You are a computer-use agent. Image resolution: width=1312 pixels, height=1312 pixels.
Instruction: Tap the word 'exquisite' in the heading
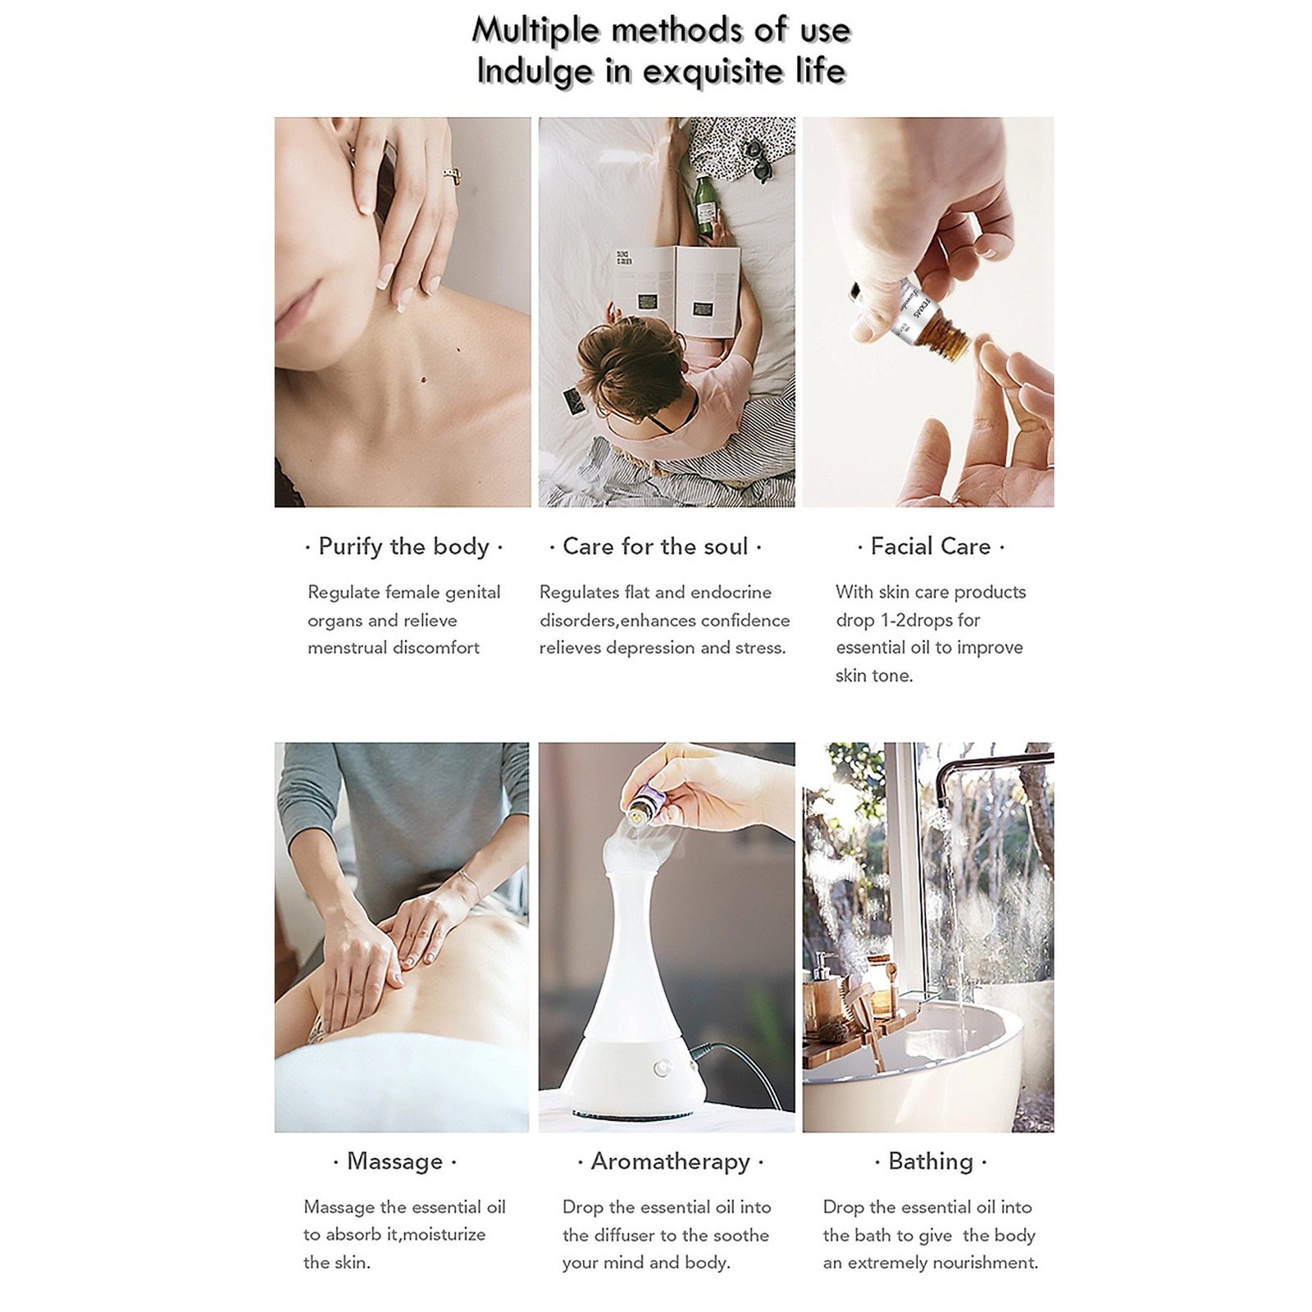point(713,71)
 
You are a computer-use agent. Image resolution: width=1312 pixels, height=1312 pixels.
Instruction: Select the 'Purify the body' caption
point(403,547)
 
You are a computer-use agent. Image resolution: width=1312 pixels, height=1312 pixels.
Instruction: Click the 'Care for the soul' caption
point(655,547)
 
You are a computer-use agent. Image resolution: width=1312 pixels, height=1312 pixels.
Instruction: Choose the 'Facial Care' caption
point(931,547)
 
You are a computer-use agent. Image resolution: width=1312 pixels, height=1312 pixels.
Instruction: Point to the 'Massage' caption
point(394,1162)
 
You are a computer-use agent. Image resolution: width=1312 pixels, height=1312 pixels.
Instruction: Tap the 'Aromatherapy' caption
point(671,1162)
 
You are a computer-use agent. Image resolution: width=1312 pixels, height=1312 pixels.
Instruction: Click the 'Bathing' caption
point(931,1162)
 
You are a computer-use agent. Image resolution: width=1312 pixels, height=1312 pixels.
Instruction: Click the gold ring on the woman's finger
point(452,175)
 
